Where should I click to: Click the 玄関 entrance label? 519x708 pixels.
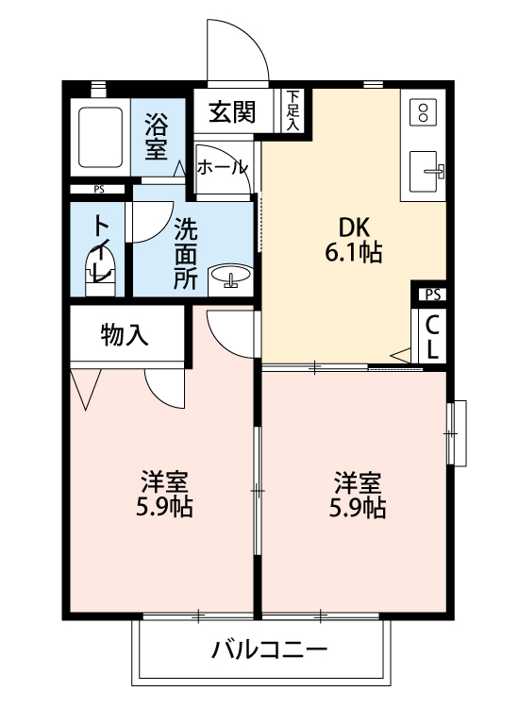232,112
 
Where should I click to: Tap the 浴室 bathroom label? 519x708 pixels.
157,136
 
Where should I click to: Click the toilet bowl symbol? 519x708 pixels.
99,264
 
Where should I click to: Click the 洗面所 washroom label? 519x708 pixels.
186,253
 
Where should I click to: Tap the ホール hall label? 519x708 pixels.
223,167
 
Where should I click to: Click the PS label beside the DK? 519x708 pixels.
432,295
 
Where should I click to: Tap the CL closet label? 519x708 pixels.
432,336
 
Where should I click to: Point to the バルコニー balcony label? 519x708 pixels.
268,650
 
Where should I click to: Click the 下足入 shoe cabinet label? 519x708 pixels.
293,110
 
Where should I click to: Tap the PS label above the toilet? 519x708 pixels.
99,189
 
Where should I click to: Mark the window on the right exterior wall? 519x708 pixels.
457,432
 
